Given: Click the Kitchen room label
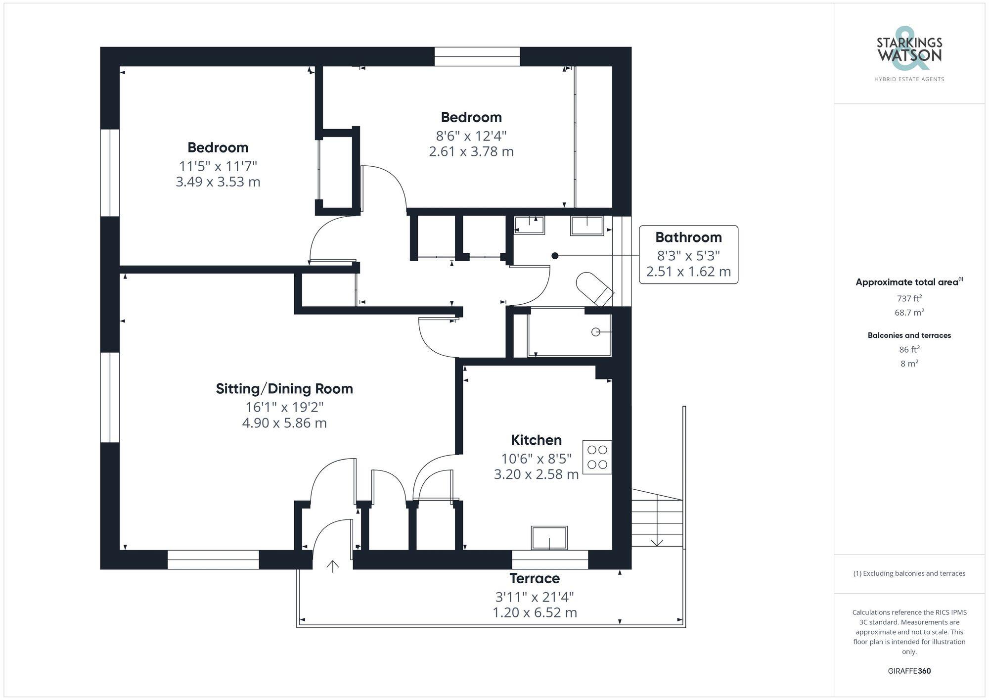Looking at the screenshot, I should click(536, 440).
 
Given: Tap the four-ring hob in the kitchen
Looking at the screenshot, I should click(597, 457).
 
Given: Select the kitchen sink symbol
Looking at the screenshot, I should click(549, 538).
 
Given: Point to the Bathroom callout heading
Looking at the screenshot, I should click(688, 237).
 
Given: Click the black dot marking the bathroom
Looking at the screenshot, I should click(555, 256).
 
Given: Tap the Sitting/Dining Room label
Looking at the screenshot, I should click(284, 389).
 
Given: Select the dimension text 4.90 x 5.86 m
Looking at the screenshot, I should click(284, 423).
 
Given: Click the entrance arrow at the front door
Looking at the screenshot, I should click(333, 566).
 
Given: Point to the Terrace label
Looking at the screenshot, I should click(535, 578).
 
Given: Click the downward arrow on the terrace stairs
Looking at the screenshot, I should click(657, 542).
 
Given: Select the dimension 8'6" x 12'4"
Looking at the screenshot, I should click(471, 136).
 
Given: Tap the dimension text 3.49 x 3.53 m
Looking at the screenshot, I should click(218, 182).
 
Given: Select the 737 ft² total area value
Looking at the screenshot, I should click(909, 298).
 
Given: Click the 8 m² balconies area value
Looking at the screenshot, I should click(909, 364).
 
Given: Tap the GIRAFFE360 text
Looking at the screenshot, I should click(909, 671).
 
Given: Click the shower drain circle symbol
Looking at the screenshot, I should click(596, 332).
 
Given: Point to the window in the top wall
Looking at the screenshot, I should click(477, 57).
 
